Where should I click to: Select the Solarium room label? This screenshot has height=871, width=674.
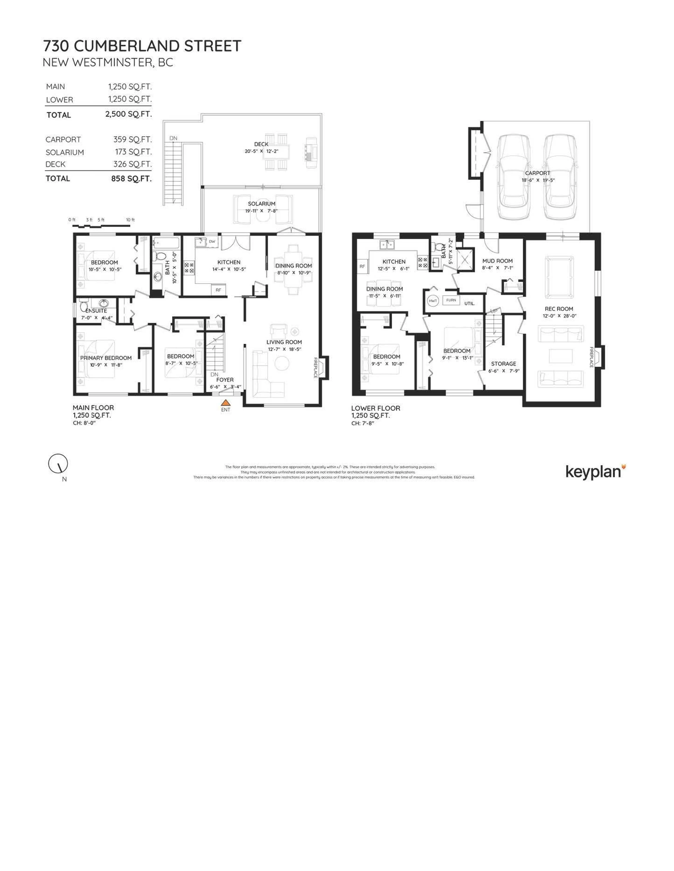[262, 203]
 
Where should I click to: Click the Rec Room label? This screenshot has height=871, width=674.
[559, 309]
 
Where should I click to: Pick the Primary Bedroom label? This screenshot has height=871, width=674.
[106, 358]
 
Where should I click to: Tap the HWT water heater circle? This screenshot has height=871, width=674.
[433, 301]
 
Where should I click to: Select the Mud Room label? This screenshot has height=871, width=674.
[497, 261]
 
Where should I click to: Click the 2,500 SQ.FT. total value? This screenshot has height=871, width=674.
[128, 114]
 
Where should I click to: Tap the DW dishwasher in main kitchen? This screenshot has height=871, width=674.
[212, 241]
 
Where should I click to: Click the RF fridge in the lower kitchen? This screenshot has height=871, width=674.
[362, 266]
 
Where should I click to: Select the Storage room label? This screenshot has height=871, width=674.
[503, 364]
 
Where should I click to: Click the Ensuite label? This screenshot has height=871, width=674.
[96, 311]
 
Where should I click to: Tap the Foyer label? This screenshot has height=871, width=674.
[225, 380]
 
